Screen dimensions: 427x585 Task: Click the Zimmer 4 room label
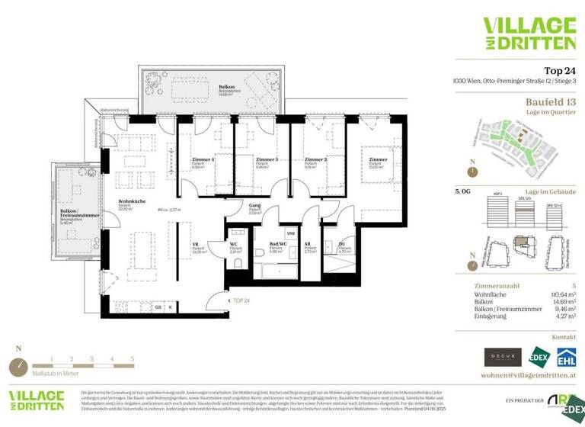(202, 160)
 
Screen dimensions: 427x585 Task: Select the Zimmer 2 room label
(315, 160)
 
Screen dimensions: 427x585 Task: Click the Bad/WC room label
(278, 245)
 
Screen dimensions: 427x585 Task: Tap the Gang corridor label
(255, 206)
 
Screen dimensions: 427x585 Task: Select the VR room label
(197, 245)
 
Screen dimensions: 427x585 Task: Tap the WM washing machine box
(290, 233)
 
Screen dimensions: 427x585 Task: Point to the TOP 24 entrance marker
(241, 300)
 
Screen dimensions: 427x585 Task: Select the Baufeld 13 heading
(550, 101)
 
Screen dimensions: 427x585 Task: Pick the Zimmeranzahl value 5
(572, 284)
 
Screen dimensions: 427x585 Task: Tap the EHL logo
(565, 357)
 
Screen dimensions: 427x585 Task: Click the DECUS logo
(503, 357)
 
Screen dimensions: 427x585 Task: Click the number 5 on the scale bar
(132, 358)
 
